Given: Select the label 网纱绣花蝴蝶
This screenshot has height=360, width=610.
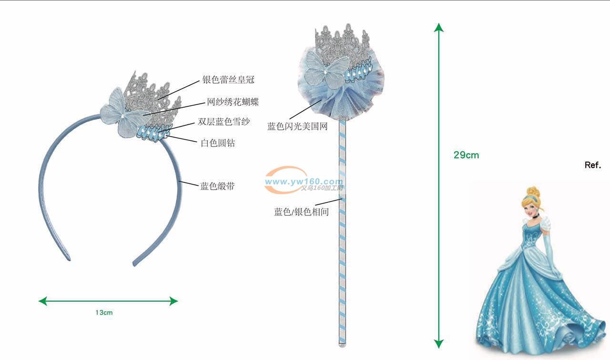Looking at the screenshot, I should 233,102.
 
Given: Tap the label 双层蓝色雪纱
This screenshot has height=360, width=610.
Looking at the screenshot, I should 224,122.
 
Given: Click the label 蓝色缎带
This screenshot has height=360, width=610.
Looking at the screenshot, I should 217,186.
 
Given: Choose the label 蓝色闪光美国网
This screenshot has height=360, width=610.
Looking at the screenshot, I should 297,126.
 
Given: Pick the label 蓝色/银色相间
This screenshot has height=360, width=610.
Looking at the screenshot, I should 301,212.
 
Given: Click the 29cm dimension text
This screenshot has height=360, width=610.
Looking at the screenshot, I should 466,155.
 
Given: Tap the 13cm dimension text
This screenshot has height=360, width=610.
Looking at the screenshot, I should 104,313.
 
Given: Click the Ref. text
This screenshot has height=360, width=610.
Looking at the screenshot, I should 593,165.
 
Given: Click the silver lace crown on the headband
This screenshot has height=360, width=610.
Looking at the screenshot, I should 152,95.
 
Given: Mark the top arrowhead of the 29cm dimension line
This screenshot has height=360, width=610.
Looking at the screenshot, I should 439,27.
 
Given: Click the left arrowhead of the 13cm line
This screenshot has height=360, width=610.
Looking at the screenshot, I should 42,301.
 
